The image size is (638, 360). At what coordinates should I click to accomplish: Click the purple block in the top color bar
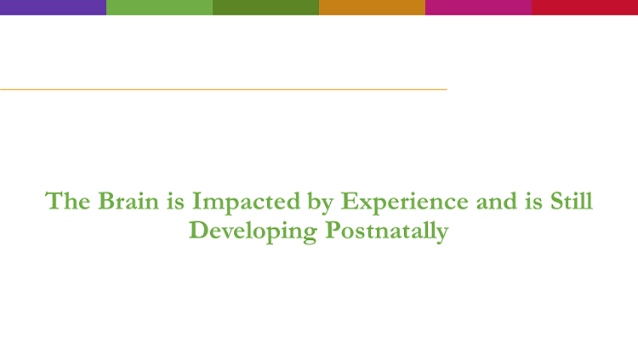pos(53,8)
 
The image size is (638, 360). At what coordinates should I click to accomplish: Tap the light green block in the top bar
pos(160,8)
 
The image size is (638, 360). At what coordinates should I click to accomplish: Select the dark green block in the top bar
pos(265,8)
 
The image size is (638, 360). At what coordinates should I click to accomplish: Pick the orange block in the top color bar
pos(372,8)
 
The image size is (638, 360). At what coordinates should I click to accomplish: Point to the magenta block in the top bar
pos(478,8)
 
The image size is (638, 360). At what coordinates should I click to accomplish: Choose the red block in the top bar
pos(584,8)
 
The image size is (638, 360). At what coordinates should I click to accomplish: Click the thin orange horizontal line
pos(224,89)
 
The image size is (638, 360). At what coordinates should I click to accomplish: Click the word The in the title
pos(67,201)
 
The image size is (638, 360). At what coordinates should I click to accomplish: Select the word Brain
pos(128,201)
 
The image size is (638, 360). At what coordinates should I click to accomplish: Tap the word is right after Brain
pos(175,202)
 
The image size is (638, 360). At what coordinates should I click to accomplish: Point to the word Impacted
pos(246,203)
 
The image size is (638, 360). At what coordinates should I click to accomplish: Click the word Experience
pos(404,203)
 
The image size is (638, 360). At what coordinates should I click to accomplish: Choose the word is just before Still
pos(533,202)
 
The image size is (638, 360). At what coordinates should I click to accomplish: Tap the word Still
pos(572,200)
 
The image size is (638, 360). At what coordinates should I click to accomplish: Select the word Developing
pos(253,232)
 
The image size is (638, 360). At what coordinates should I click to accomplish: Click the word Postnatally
pos(387,231)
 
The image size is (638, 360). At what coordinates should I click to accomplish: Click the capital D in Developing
pos(199,230)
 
